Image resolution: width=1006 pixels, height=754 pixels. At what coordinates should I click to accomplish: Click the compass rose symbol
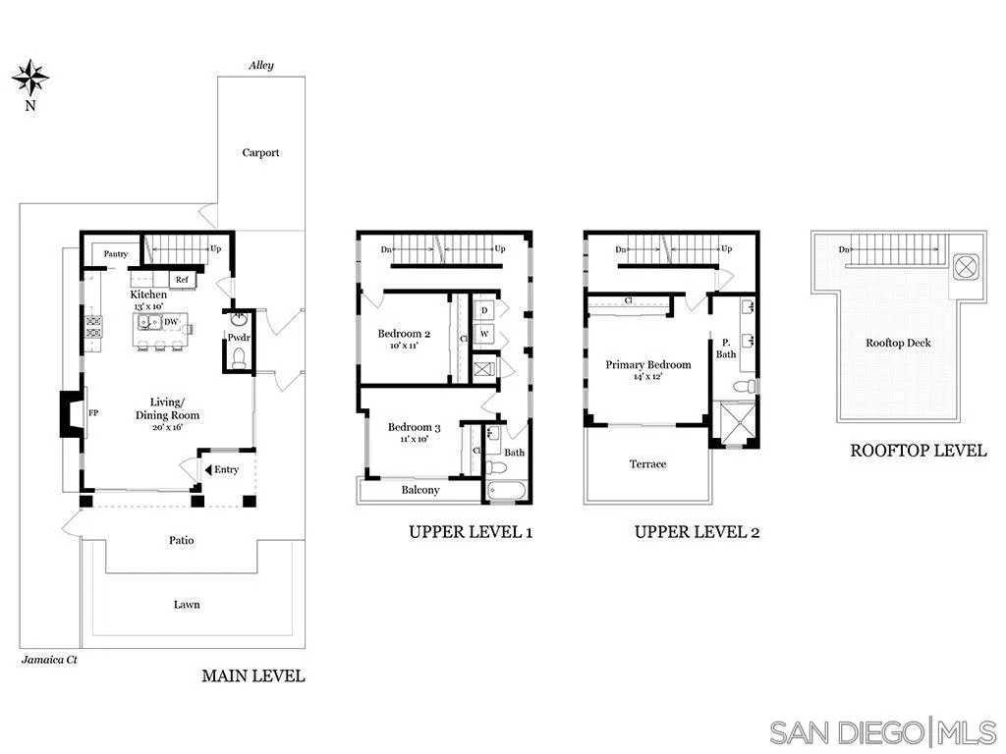(x=30, y=76)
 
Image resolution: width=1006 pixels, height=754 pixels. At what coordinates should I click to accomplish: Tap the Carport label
(x=260, y=152)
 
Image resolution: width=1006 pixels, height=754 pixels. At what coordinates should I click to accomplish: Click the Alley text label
(x=260, y=66)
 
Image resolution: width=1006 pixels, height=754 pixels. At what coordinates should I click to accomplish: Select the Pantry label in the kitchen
(x=116, y=254)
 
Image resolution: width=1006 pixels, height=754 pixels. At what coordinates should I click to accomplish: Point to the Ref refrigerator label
(x=182, y=280)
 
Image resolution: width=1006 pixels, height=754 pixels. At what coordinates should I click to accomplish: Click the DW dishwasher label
(x=170, y=321)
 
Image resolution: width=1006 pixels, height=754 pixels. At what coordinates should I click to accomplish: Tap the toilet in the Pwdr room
(x=237, y=359)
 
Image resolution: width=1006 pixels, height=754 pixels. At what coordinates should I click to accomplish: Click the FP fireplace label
(x=94, y=414)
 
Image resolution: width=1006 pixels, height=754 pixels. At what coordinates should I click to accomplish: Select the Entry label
(x=226, y=469)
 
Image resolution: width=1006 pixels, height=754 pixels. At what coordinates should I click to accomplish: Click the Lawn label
(x=187, y=605)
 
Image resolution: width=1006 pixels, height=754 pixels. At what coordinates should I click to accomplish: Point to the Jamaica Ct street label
(x=49, y=660)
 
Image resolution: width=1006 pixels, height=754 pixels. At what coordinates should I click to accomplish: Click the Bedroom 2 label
(x=404, y=334)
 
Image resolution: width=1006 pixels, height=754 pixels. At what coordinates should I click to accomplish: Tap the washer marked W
(x=484, y=335)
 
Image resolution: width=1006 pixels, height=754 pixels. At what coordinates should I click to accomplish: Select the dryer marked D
(x=484, y=310)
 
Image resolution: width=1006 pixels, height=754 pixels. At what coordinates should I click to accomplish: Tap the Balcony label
(x=420, y=490)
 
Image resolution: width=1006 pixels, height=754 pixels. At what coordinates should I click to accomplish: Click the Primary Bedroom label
(x=647, y=364)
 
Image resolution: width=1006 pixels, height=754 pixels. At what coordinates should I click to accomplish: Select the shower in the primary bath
(x=733, y=423)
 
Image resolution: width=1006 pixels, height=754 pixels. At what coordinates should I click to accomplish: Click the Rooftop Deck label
(x=898, y=343)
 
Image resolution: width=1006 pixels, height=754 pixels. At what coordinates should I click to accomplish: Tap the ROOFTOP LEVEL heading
(x=918, y=451)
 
